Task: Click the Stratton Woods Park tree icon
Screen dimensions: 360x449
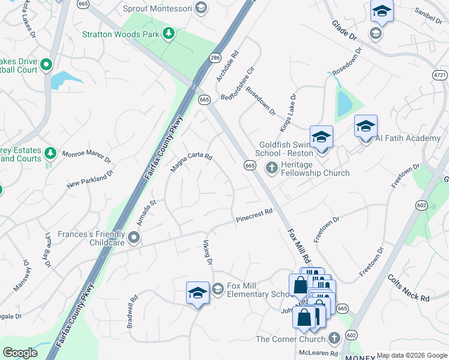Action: (169, 34)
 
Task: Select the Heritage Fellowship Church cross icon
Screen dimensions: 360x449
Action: (272, 167)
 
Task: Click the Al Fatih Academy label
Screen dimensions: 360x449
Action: (408, 138)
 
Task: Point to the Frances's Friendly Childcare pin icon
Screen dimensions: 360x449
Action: (134, 239)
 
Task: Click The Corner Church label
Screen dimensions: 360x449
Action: (291, 339)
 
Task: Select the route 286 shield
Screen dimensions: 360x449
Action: (214, 58)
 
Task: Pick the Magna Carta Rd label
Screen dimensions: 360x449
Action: (191, 162)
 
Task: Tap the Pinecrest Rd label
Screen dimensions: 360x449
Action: (254, 213)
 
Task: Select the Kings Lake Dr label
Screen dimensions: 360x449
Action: (288, 113)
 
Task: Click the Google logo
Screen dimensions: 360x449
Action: (20, 353)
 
